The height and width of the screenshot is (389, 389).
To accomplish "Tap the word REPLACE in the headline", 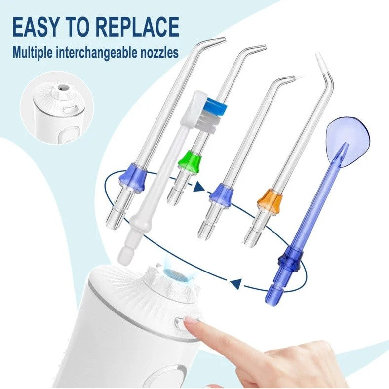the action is point(138,27).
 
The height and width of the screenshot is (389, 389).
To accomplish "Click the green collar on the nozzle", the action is point(190,160).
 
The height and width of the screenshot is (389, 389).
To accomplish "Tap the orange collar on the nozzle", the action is point(270,198).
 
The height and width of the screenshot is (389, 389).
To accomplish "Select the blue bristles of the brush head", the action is point(215,107).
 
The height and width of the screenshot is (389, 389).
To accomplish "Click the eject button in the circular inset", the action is point(68,110).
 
